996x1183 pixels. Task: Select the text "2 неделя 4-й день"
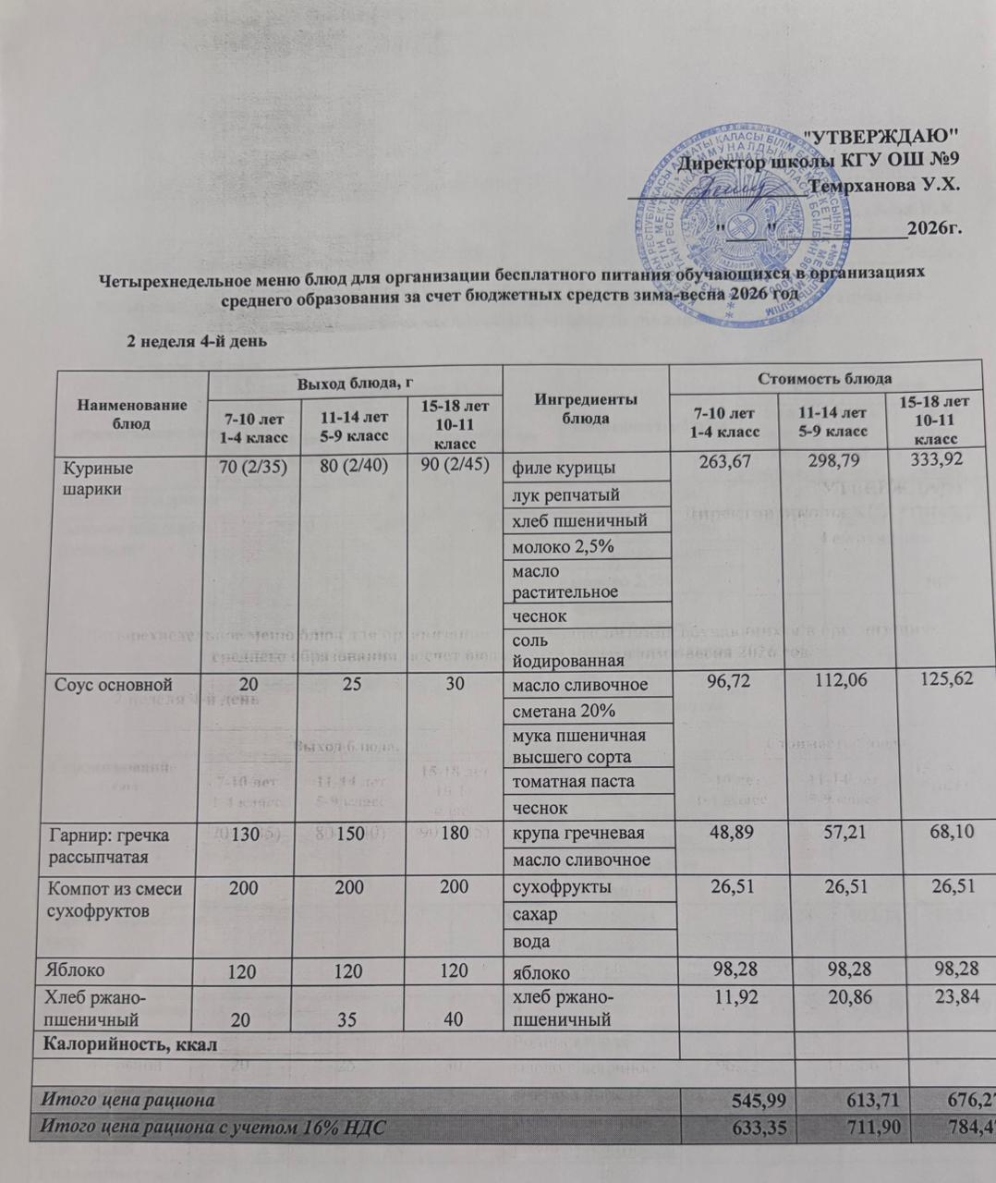196,341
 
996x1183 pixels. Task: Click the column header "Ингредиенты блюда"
586,409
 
